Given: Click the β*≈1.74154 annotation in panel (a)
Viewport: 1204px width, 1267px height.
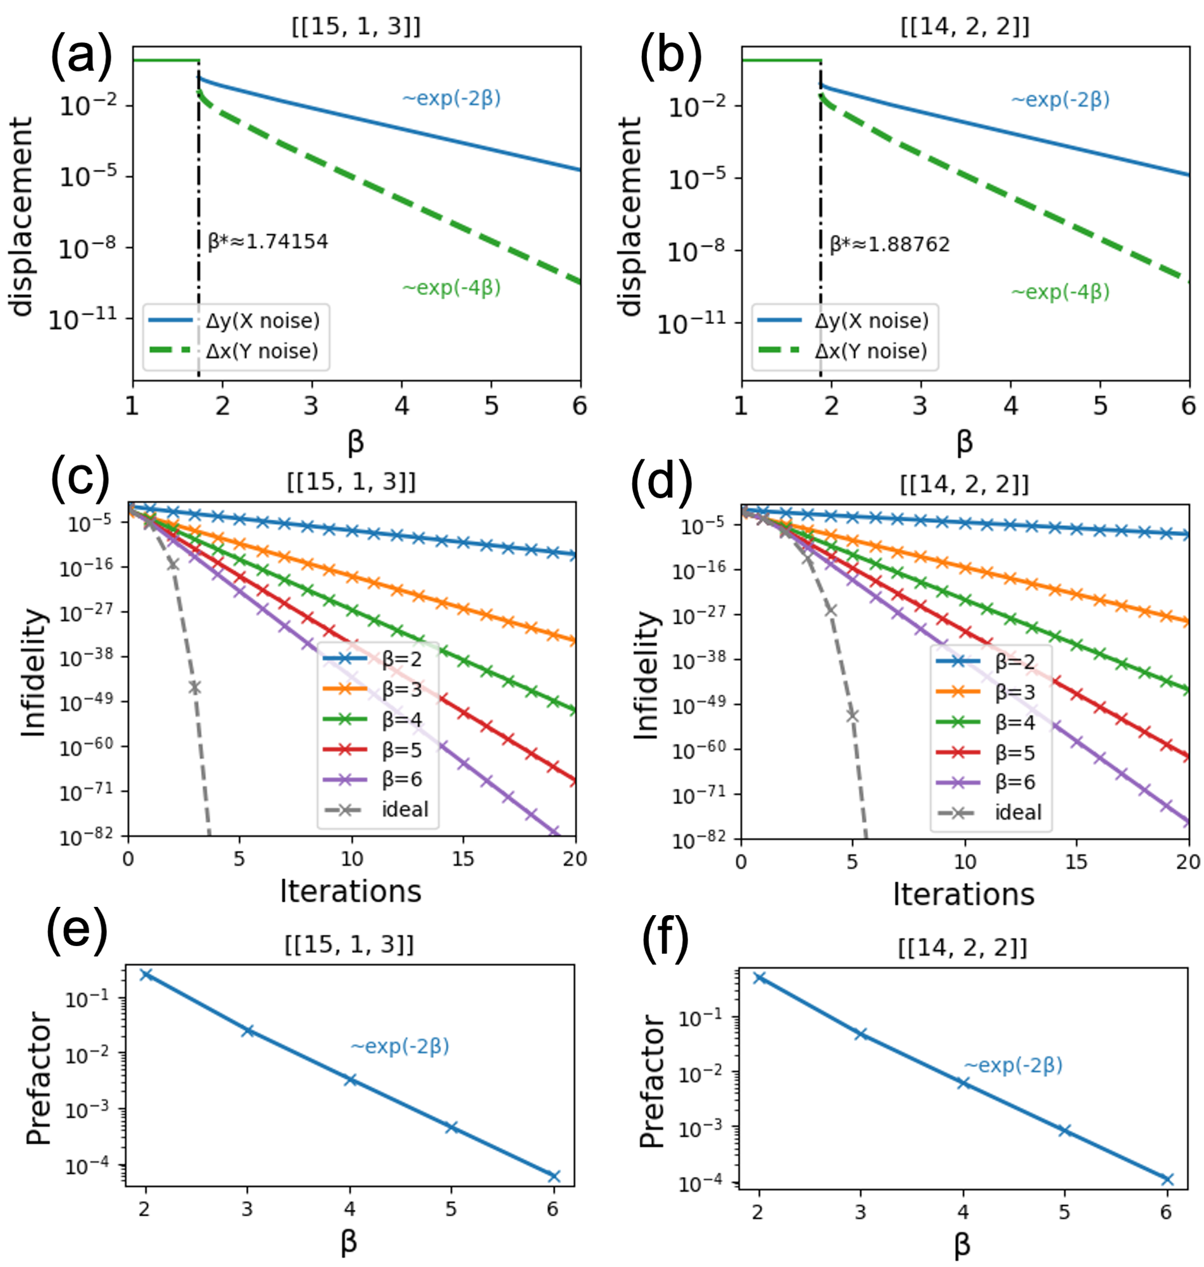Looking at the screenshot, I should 268,242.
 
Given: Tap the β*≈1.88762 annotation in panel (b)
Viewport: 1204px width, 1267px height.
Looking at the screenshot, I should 889,244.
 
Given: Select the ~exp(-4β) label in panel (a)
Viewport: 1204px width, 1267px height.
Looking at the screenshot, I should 451,287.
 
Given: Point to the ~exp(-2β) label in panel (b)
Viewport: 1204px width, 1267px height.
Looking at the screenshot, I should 1060,99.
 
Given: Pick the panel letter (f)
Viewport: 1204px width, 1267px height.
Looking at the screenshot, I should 665,937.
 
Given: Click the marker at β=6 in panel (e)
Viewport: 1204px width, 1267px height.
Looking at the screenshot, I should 554,1176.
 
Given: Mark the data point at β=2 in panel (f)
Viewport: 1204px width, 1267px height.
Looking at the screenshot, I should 759,978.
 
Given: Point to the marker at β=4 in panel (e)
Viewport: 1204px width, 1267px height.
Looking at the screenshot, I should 350,1080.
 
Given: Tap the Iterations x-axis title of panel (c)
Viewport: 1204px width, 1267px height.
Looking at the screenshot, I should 351,891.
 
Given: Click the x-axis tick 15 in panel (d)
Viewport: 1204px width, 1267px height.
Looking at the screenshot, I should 1075,861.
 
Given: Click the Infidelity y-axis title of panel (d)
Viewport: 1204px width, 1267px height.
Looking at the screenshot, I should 647,675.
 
